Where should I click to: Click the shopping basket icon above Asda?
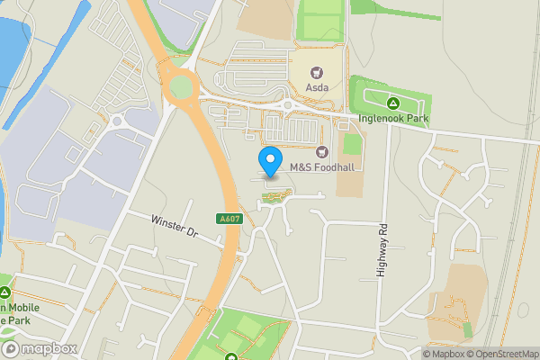click(x=317, y=70)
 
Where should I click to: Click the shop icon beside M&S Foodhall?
click(x=322, y=150)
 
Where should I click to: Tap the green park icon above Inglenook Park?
click(x=392, y=101)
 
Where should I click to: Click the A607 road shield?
click(x=229, y=219)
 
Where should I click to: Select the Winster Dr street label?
click(x=174, y=225)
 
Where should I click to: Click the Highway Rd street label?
click(x=382, y=249)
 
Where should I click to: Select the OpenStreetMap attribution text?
click(x=502, y=354)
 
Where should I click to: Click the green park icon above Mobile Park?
click(x=6, y=292)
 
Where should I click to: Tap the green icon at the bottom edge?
click(x=231, y=357)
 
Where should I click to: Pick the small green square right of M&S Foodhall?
click(x=353, y=144)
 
